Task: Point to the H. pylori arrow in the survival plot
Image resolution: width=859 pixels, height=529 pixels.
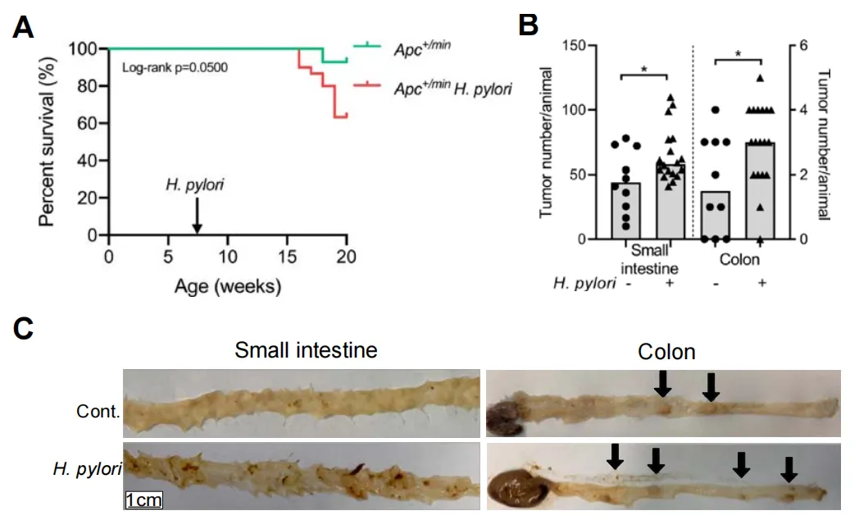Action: pyautogui.click(x=197, y=217)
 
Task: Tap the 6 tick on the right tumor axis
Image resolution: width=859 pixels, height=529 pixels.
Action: pyautogui.click(x=802, y=45)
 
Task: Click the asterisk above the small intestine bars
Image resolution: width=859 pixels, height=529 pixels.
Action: pyautogui.click(x=645, y=69)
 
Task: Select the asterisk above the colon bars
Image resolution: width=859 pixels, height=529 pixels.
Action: pyautogui.click(x=739, y=54)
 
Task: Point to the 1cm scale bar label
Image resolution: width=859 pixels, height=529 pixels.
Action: pyautogui.click(x=143, y=499)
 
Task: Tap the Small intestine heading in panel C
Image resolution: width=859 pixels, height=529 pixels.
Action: pyautogui.click(x=306, y=350)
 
